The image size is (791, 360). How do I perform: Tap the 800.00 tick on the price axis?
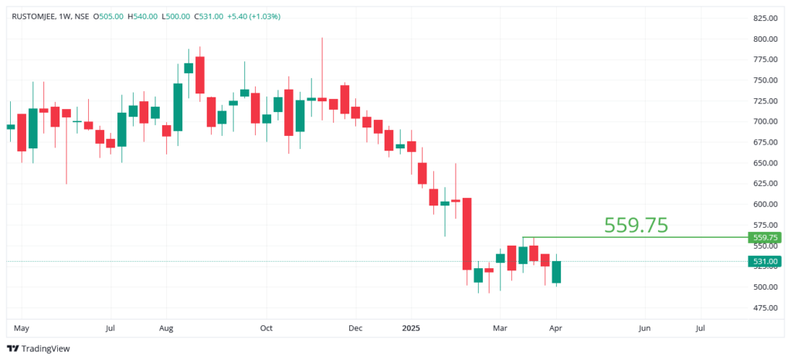tap(764, 39)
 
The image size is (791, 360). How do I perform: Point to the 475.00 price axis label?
tap(764, 307)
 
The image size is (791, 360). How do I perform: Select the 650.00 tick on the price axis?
tap(764, 163)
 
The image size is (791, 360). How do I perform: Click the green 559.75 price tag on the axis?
tap(764, 238)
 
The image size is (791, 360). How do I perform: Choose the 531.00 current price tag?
tap(764, 262)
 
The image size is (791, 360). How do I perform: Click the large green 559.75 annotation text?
tap(636, 225)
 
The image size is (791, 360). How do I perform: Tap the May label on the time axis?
tap(22, 328)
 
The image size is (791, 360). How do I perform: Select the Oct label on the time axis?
tap(266, 328)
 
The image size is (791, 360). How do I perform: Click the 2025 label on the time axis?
tap(411, 328)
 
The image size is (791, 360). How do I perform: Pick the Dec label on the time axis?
tap(356, 328)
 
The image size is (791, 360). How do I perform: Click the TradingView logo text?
tap(46, 348)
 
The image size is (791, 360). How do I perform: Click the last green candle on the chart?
tap(556, 272)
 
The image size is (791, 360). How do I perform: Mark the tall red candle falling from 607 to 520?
tap(467, 234)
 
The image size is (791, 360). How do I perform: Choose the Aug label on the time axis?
tap(166, 328)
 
